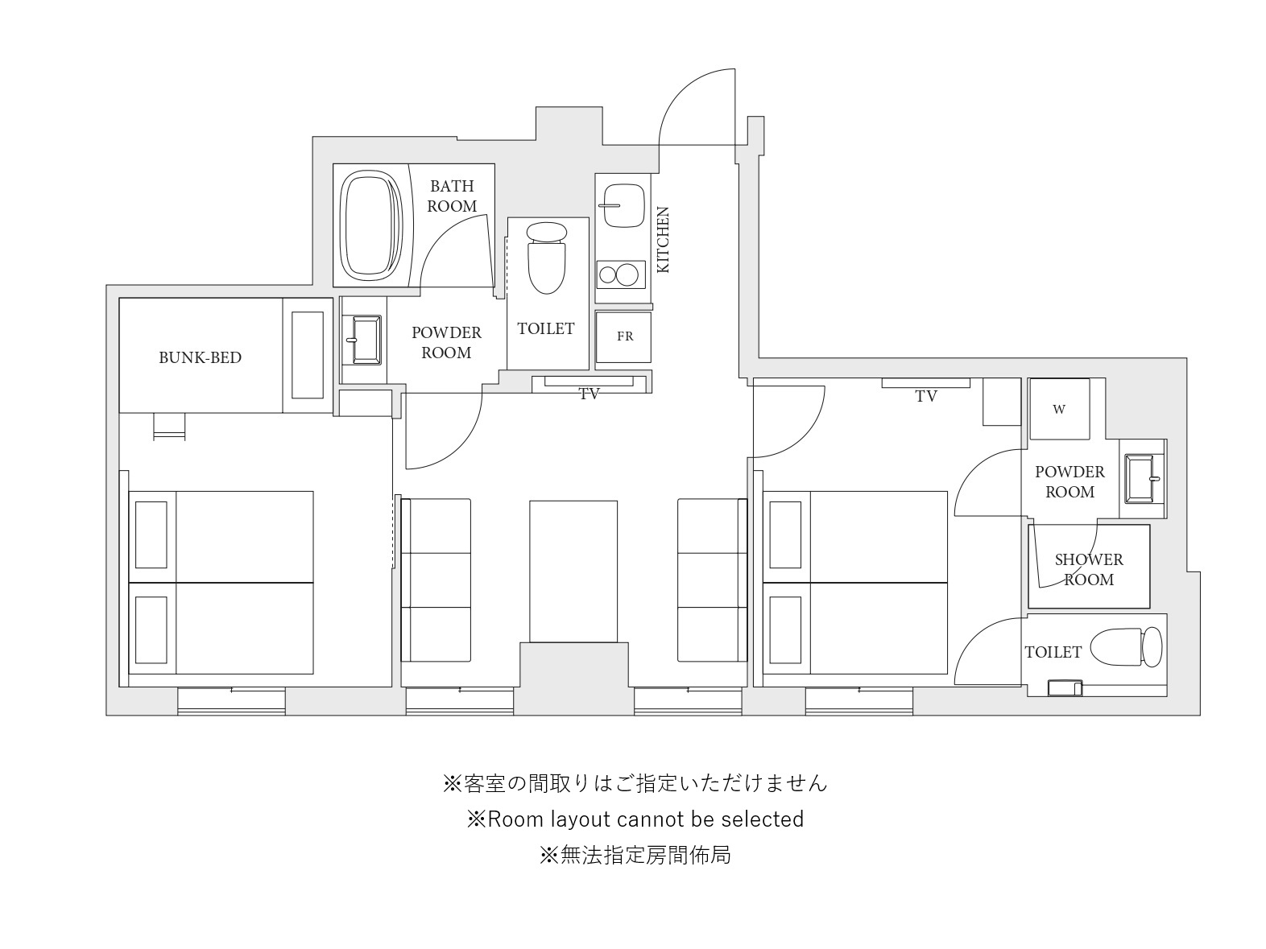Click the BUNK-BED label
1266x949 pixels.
point(200,357)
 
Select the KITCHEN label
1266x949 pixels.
point(664,240)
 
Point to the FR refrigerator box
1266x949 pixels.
point(623,337)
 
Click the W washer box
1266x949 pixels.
point(1059,409)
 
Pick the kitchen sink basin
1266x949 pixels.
point(623,206)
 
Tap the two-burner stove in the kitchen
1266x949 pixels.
point(621,274)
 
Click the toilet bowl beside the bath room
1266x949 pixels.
point(546,258)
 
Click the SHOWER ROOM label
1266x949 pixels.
point(1089,569)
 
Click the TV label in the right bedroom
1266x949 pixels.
point(926,397)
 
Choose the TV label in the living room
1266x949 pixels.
point(590,394)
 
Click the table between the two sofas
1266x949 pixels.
point(573,571)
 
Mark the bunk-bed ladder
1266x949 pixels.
point(170,427)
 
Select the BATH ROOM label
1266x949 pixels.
point(452,196)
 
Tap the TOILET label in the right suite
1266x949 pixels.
point(1053,652)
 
